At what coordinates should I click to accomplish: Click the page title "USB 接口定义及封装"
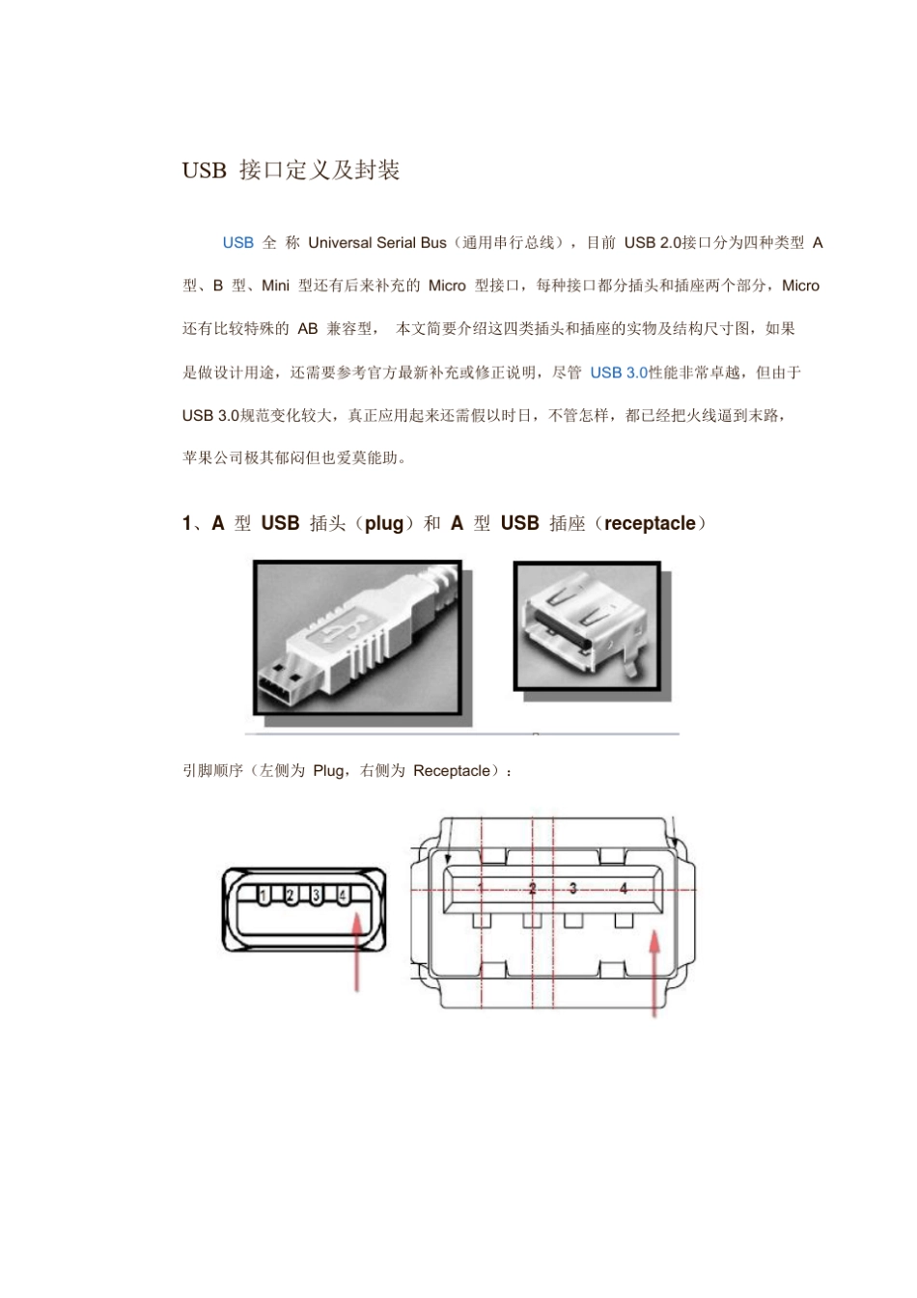pyautogui.click(x=291, y=171)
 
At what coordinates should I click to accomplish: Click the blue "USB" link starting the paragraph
pyautogui.click(x=237, y=243)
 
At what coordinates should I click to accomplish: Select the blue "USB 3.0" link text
pyautogui.click(x=619, y=373)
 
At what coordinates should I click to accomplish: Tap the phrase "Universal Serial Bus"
pyautogui.click(x=377, y=243)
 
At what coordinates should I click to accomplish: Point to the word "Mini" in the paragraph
pyautogui.click(x=275, y=286)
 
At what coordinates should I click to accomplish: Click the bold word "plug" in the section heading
pyautogui.click(x=384, y=524)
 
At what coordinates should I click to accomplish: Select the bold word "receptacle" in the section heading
pyautogui.click(x=650, y=524)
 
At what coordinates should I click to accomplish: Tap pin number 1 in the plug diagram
pyautogui.click(x=264, y=895)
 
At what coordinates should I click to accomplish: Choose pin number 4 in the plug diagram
pyautogui.click(x=343, y=895)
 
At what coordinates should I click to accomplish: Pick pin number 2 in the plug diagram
pyautogui.click(x=291, y=895)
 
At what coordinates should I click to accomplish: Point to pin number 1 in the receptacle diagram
pyautogui.click(x=481, y=888)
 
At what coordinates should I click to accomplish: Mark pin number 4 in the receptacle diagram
pyautogui.click(x=624, y=888)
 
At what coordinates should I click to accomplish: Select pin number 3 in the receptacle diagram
pyautogui.click(x=573, y=888)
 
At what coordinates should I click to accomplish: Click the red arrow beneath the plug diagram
pyautogui.click(x=358, y=950)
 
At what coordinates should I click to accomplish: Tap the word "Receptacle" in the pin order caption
pyautogui.click(x=451, y=771)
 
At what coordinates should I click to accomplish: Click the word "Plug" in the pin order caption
pyautogui.click(x=328, y=771)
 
